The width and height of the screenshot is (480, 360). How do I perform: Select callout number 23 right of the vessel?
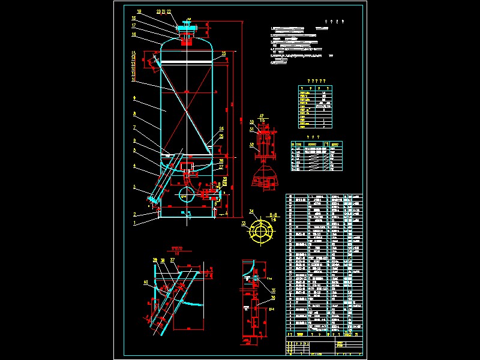click(x=223, y=54)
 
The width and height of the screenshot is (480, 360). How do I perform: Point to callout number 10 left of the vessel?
click(x=134, y=79)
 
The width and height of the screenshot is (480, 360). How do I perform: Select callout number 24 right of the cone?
click(x=221, y=129)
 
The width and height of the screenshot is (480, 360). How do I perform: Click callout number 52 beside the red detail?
click(x=252, y=145)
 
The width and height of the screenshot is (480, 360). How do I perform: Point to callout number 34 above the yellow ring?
click(x=251, y=211)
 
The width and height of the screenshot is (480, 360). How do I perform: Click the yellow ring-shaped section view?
click(x=262, y=231)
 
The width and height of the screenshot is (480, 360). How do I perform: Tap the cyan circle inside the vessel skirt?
click(x=186, y=193)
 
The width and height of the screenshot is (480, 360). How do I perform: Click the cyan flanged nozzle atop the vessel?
click(x=187, y=28)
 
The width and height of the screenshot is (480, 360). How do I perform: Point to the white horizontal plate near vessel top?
click(x=186, y=62)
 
